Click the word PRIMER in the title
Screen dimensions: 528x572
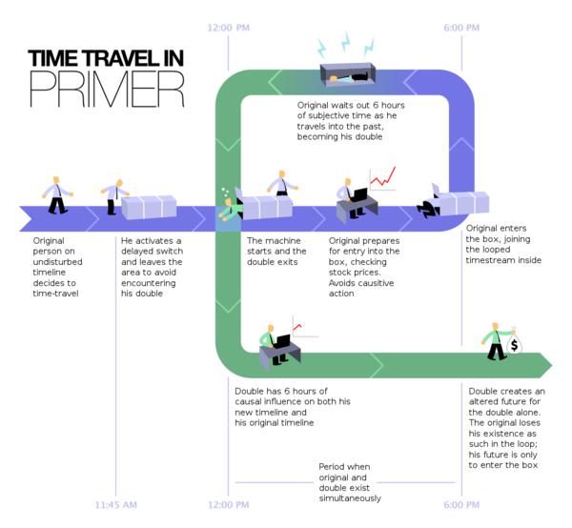point(107,89)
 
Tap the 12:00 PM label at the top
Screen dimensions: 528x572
point(231,28)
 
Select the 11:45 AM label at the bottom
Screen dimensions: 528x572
point(116,503)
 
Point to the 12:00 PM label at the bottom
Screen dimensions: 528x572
point(230,503)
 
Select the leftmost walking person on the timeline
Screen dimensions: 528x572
point(58,194)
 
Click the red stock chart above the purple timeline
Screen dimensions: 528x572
point(383,177)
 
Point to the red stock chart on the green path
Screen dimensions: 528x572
point(297,329)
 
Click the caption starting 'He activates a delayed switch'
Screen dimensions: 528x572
point(152,267)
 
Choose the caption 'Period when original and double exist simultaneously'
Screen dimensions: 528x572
point(350,481)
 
